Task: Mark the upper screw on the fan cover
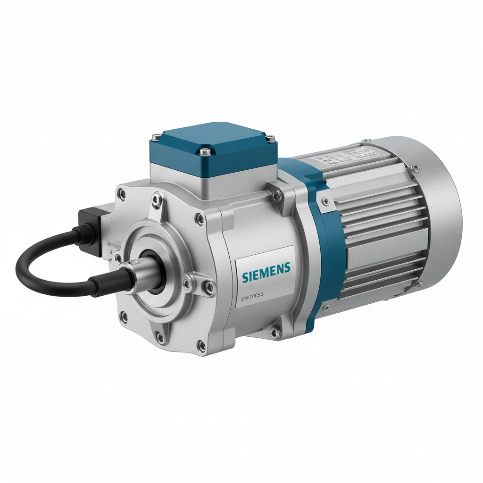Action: click(x=414, y=166)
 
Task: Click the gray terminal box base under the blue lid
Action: click(x=212, y=182)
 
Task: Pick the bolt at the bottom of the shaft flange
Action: click(x=160, y=337)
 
